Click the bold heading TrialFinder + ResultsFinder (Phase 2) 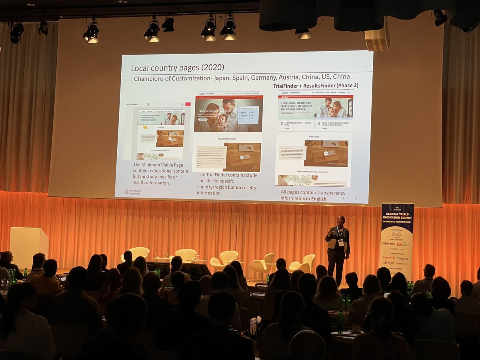(x=316, y=86)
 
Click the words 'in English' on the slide (x=316, y=199)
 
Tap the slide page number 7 (x=356, y=199)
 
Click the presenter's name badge (x=341, y=242)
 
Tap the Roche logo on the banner (x=396, y=235)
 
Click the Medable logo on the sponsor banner (x=389, y=244)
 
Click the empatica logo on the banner (x=389, y=258)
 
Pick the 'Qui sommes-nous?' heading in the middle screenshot (x=227, y=139)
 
